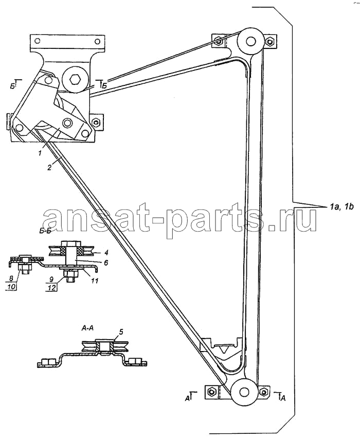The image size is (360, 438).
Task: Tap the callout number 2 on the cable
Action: pyautogui.click(x=49, y=168)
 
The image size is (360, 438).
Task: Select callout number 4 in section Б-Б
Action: pyautogui.click(x=107, y=253)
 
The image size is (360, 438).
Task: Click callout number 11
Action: pyautogui.click(x=95, y=280)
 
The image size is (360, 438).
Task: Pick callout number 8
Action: pyautogui.click(x=11, y=278)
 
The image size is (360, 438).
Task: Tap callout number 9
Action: pyautogui.click(x=51, y=278)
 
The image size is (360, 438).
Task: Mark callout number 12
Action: pyautogui.click(x=51, y=287)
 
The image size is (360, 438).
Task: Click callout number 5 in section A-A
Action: pyautogui.click(x=121, y=331)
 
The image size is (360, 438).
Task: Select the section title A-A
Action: pyautogui.click(x=87, y=328)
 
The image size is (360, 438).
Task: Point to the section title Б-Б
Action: pyautogui.click(x=45, y=232)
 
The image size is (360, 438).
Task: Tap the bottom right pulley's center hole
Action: pyautogui.click(x=244, y=392)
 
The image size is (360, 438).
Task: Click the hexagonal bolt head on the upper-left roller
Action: pyautogui.click(x=75, y=80)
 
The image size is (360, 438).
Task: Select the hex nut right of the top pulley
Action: pyautogui.click(x=269, y=42)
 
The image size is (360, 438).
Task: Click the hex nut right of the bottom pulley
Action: pyautogui.click(x=262, y=392)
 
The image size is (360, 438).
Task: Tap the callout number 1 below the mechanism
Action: pyautogui.click(x=40, y=153)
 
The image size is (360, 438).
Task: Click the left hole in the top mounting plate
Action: pyautogui.click(x=37, y=41)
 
